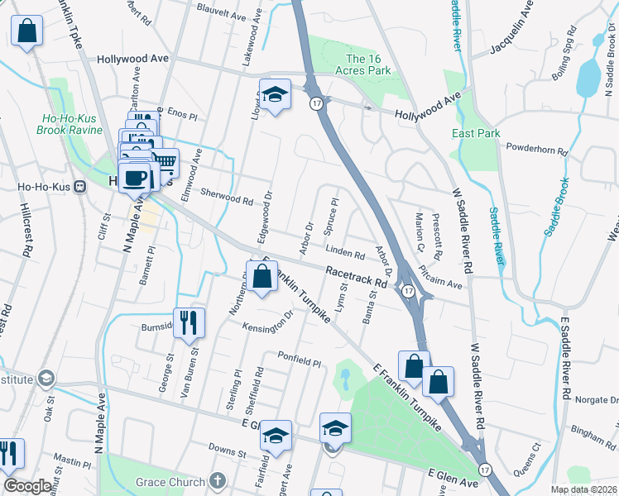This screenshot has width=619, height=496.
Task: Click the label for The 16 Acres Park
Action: [368, 64]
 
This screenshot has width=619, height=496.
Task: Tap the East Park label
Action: [477, 133]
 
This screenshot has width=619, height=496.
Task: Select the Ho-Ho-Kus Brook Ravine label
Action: [73, 124]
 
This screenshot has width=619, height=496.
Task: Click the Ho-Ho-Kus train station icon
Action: [81, 186]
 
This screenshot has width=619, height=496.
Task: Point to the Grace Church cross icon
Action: [217, 481]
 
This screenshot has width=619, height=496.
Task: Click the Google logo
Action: [27, 486]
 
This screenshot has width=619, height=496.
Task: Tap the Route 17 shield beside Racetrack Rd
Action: [408, 291]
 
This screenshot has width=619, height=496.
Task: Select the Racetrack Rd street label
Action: [357, 276]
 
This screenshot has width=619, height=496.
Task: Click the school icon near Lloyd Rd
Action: [276, 93]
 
